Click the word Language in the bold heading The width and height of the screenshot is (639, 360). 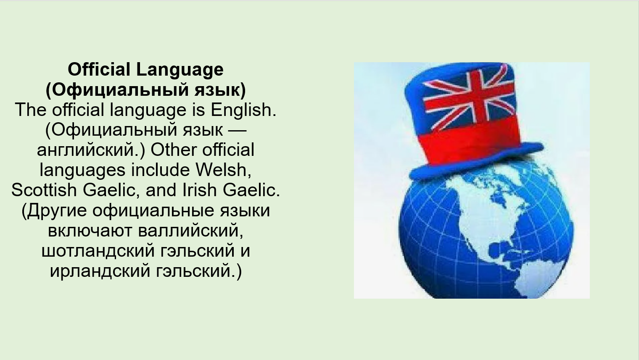(x=180, y=70)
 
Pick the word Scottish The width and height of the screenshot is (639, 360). (x=44, y=190)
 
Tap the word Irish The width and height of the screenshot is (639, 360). (x=199, y=190)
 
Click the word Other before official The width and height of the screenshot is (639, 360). (x=174, y=150)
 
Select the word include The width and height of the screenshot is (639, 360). (x=160, y=170)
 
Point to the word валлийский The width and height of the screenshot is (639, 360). (x=190, y=231)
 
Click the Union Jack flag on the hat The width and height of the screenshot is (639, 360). (x=469, y=100)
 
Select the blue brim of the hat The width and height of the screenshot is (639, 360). (x=476, y=163)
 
